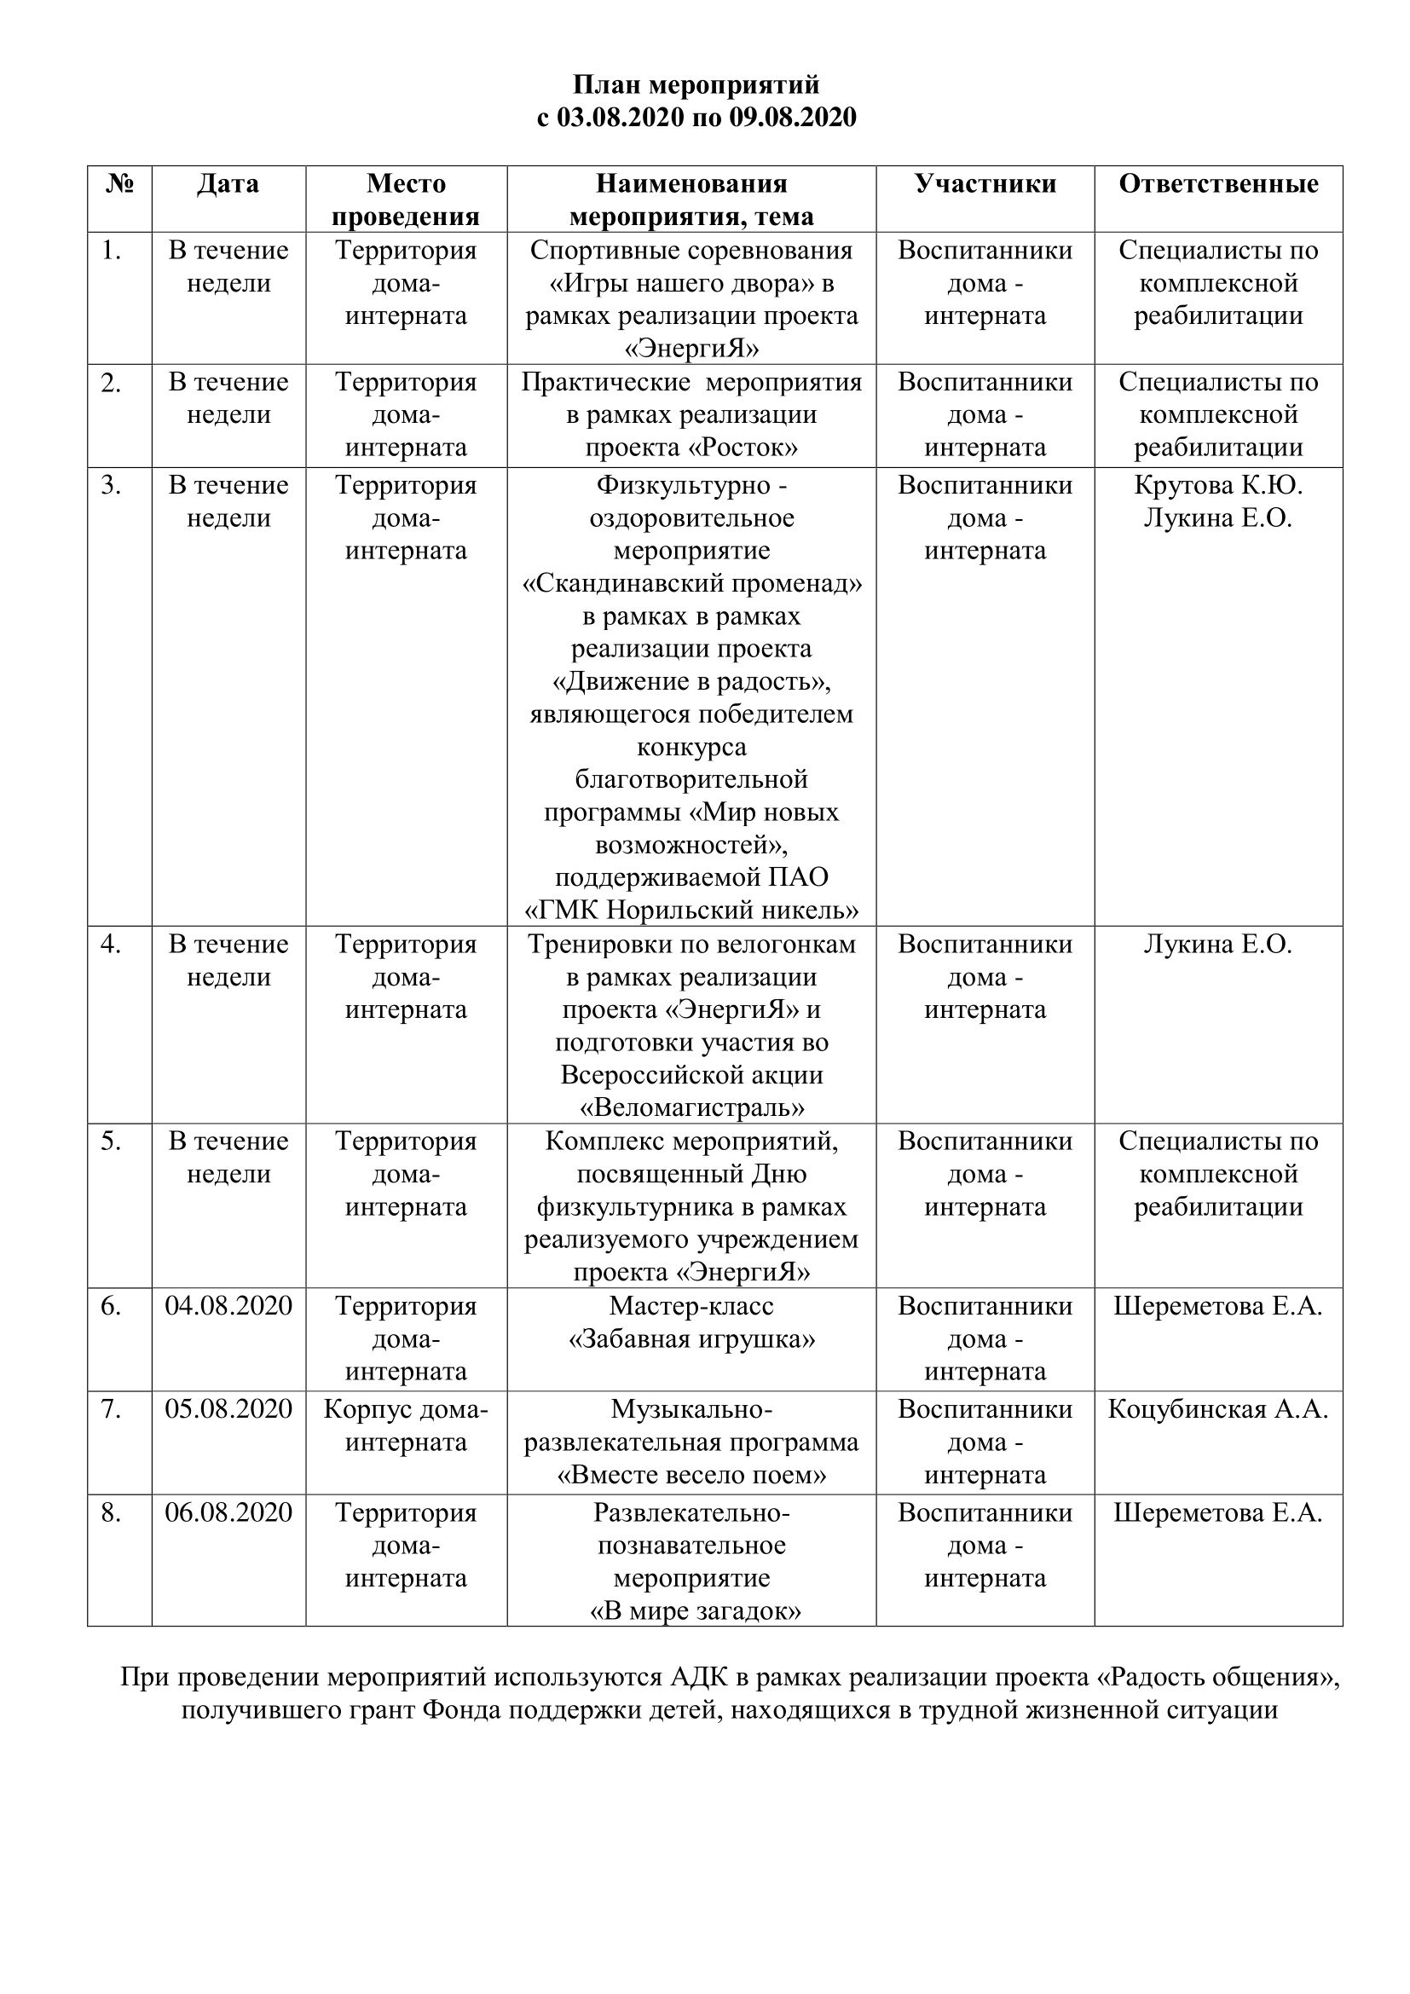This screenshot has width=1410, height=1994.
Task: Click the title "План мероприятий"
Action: tap(696, 85)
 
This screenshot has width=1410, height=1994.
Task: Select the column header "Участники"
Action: tap(985, 183)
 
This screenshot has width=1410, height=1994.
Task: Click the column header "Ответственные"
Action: tap(1218, 183)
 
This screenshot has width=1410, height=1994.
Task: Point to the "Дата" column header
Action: tap(228, 183)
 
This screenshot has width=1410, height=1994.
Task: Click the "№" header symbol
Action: tap(120, 183)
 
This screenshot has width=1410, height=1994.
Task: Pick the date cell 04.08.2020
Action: tap(228, 1306)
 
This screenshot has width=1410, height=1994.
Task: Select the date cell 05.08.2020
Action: tap(228, 1409)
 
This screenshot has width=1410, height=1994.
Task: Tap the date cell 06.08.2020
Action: tap(228, 1513)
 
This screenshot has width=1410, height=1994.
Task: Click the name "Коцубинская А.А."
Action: tap(1218, 1409)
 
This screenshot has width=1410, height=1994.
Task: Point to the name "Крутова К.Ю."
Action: tap(1218, 484)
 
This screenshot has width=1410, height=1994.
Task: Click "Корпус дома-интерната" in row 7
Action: tap(407, 1425)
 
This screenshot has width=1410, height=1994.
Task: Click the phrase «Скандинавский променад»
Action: tap(692, 583)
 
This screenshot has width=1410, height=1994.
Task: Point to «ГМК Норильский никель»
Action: tap(692, 910)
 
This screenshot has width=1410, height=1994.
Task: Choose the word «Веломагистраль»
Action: tap(692, 1107)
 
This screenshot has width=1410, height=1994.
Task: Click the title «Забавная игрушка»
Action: tap(692, 1339)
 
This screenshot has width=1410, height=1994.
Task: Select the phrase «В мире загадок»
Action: tap(695, 1612)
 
